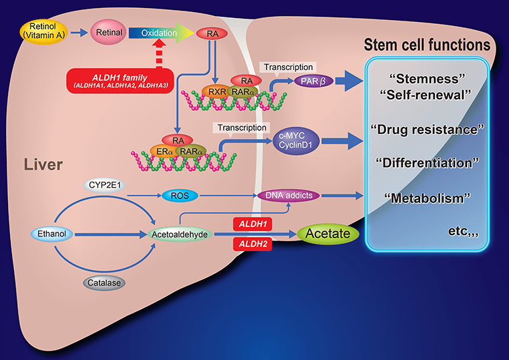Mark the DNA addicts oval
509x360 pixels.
[x=289, y=195]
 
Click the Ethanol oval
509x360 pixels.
[x=51, y=234]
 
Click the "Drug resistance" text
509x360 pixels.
[x=427, y=128]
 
